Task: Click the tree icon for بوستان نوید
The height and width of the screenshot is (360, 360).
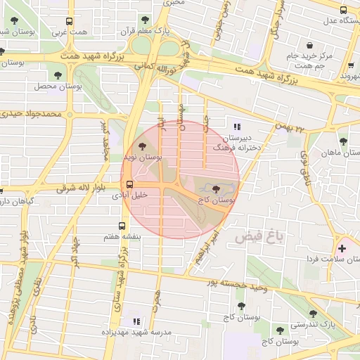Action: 143,146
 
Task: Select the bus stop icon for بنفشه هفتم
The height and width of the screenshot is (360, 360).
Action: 122,226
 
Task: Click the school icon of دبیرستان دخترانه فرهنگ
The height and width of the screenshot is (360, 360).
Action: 236,127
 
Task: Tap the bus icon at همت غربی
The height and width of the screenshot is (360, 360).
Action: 67,21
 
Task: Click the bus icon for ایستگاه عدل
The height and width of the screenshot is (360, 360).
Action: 343,11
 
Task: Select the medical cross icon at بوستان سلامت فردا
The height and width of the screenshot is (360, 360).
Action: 342,248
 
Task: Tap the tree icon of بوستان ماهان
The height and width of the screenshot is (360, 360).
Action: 343,141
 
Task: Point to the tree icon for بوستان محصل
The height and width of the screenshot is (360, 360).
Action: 54,73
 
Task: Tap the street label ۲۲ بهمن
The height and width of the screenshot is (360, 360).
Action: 292,129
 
